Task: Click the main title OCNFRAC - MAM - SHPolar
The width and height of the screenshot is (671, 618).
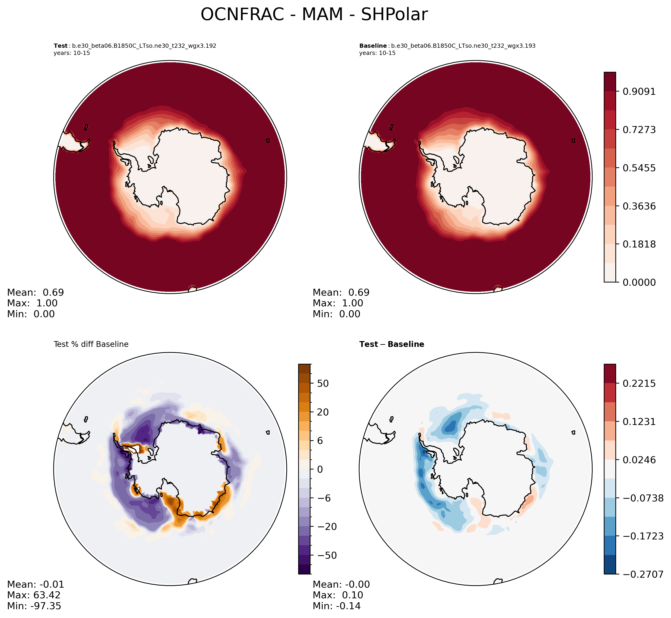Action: pyautogui.click(x=314, y=15)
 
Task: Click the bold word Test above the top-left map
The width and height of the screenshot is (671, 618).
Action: pyautogui.click(x=60, y=46)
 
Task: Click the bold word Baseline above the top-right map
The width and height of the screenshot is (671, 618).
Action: pyautogui.click(x=373, y=46)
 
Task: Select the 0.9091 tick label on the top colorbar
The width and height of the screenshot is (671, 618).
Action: pyautogui.click(x=639, y=91)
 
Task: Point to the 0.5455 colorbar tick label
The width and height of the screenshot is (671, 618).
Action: pyautogui.click(x=639, y=168)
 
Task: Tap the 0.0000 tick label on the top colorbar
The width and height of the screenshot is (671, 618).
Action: pyautogui.click(x=639, y=282)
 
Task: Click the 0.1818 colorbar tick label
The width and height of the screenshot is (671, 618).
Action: pyautogui.click(x=639, y=244)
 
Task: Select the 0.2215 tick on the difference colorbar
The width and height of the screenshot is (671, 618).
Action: pyautogui.click(x=639, y=383)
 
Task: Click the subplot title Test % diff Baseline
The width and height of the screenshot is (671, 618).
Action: pyautogui.click(x=91, y=344)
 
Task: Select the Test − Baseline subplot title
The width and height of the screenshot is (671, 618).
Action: pyautogui.click(x=392, y=344)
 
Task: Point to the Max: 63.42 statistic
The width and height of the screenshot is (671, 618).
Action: pyautogui.click(x=34, y=595)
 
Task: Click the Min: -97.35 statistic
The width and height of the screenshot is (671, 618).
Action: pyautogui.click(x=34, y=606)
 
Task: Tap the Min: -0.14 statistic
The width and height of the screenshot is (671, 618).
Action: pyautogui.click(x=336, y=606)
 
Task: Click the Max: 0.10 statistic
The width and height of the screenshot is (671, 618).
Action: pyautogui.click(x=338, y=595)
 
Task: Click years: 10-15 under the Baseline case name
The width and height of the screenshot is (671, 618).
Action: pyautogui.click(x=377, y=53)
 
